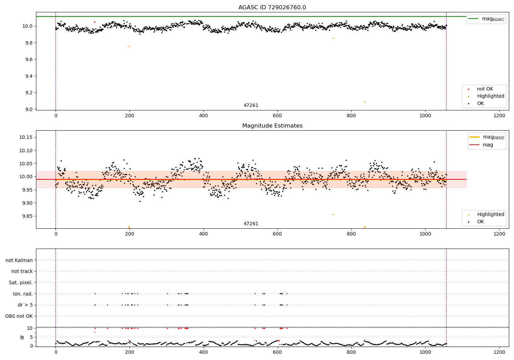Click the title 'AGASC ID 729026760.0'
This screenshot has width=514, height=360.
pos(272,7)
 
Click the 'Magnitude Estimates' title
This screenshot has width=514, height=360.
pos(272,125)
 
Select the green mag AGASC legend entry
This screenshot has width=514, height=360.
pos(487,19)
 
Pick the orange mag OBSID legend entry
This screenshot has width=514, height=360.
pos(487,137)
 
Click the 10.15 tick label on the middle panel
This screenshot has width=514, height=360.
pos(26,137)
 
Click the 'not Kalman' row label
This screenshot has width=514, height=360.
pos(19,260)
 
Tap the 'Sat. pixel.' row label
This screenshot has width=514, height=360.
pos(21,283)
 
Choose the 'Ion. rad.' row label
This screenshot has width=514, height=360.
pos(23,294)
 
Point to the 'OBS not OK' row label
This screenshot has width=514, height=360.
pos(19,316)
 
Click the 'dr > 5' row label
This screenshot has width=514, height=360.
pos(25,305)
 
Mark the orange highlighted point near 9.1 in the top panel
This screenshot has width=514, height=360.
pos(365,102)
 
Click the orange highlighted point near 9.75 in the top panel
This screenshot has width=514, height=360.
pos(129,46)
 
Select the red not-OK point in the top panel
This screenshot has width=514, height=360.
pos(95,22)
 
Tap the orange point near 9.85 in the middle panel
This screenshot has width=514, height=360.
pos(333,214)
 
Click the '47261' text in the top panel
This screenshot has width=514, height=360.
pos(251,105)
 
